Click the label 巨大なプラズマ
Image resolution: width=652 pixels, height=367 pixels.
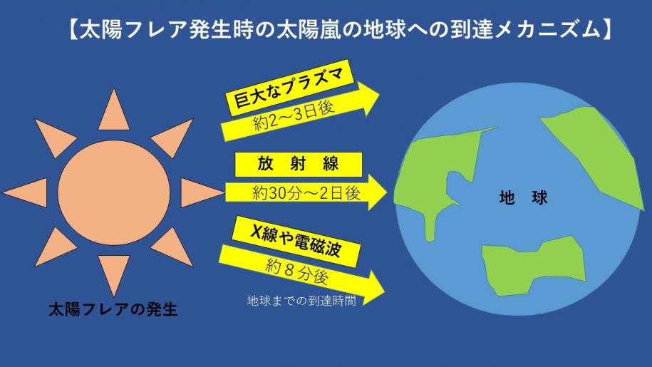tap(289, 88)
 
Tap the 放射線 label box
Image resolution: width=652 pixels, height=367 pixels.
tap(299, 165)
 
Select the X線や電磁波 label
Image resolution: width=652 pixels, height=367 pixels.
tap(296, 242)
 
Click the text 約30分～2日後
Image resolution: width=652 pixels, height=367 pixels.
tap(306, 193)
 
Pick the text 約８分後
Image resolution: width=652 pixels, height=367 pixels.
tap(297, 273)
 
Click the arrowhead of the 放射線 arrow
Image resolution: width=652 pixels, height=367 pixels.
tap(378, 192)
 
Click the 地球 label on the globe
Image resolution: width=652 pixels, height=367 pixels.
tap(524, 198)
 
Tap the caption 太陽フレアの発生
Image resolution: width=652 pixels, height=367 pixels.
tap(113, 310)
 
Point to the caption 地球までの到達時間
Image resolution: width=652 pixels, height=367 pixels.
tap(301, 301)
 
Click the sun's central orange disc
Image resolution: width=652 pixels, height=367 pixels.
tap(114, 192)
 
